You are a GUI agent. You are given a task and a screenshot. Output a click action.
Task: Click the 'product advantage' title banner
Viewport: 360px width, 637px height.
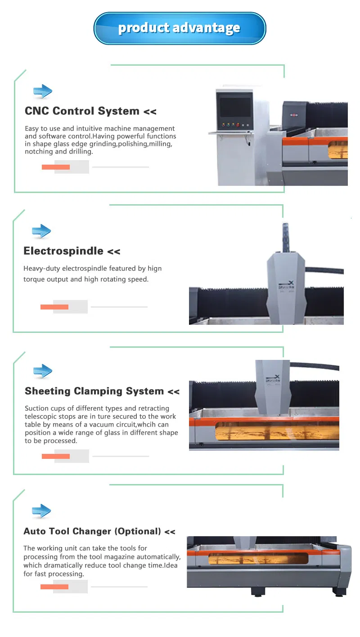tap(180, 28)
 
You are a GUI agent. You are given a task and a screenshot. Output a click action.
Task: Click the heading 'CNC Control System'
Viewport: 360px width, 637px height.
tap(82, 111)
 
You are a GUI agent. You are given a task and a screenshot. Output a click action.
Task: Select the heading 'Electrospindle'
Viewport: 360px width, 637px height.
tap(63, 251)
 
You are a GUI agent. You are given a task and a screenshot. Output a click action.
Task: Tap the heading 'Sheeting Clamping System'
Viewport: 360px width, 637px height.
tap(94, 391)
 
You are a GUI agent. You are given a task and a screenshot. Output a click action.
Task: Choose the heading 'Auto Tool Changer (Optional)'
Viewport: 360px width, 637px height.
tap(92, 531)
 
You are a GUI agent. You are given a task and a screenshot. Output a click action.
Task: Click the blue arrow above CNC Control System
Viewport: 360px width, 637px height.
tap(43, 92)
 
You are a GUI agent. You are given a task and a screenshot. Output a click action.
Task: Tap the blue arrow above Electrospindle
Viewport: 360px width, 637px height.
tap(41, 232)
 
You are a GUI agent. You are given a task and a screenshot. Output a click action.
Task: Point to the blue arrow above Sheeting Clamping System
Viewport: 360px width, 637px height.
tap(43, 372)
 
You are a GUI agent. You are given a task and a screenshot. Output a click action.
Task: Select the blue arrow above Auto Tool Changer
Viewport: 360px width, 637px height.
tap(41, 511)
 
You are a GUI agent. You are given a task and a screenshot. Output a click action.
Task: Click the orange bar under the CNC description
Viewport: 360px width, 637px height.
tap(56, 167)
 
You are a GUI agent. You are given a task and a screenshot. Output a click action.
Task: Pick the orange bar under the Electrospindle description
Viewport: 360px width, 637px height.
tap(54, 307)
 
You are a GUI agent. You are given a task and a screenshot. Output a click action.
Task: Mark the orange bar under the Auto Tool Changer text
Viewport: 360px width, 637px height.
tap(54, 587)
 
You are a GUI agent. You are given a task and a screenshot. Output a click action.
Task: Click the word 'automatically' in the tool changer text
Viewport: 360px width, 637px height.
tap(158, 557)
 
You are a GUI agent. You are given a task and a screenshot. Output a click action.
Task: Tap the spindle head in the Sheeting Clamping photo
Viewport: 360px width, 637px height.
tap(273, 386)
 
